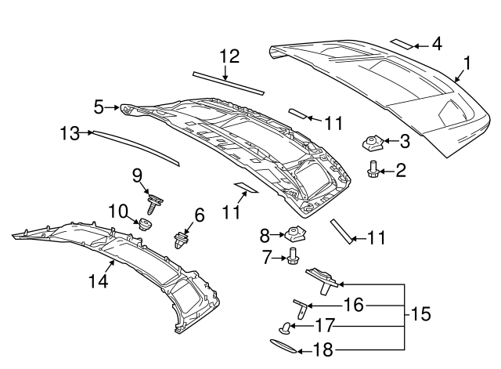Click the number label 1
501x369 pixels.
coord(467,62)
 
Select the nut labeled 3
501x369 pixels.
coord(371,143)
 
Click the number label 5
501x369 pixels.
coord(99,106)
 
